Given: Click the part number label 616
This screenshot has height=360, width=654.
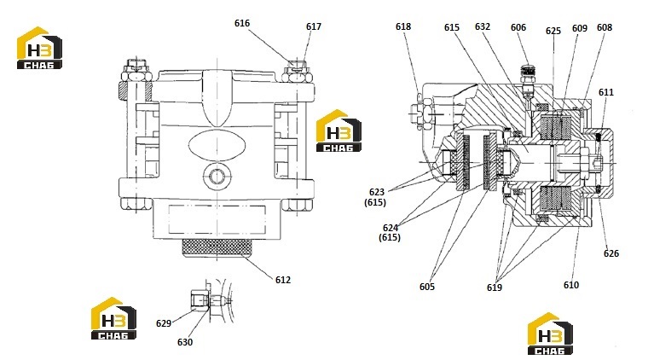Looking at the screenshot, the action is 242,23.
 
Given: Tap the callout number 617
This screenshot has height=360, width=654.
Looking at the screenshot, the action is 314,26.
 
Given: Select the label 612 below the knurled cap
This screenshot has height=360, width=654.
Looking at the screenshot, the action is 283,280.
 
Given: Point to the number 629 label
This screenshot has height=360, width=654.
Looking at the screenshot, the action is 164,323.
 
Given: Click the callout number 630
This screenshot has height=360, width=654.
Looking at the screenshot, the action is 185,342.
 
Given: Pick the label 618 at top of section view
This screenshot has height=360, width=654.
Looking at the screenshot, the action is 403,26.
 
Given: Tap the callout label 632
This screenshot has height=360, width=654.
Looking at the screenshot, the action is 483,26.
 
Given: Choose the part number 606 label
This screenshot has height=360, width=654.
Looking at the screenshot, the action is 518,27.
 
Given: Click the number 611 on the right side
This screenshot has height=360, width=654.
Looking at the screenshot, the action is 606,92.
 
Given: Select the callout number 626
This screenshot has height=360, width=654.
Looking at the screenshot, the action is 611,253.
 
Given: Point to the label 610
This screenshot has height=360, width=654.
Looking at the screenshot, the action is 571,285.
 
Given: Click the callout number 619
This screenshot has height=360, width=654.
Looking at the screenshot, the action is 495,287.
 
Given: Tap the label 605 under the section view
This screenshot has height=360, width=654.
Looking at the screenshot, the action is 427,287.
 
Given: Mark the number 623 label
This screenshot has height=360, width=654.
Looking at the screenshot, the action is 377,192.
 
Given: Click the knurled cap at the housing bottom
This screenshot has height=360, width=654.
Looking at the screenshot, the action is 217,247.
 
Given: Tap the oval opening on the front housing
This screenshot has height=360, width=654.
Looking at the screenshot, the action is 217,145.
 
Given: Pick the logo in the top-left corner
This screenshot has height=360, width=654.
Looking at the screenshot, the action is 39,48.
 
